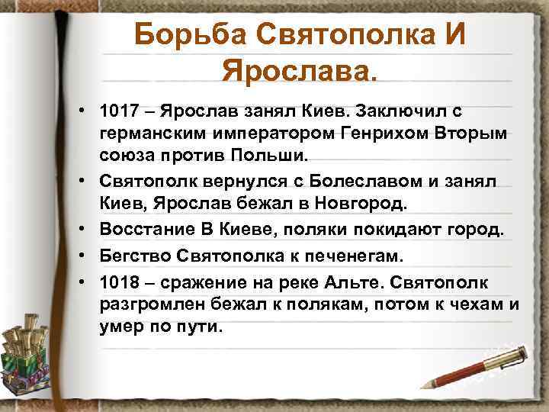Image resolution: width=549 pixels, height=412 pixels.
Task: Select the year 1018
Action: [x=120, y=283]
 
